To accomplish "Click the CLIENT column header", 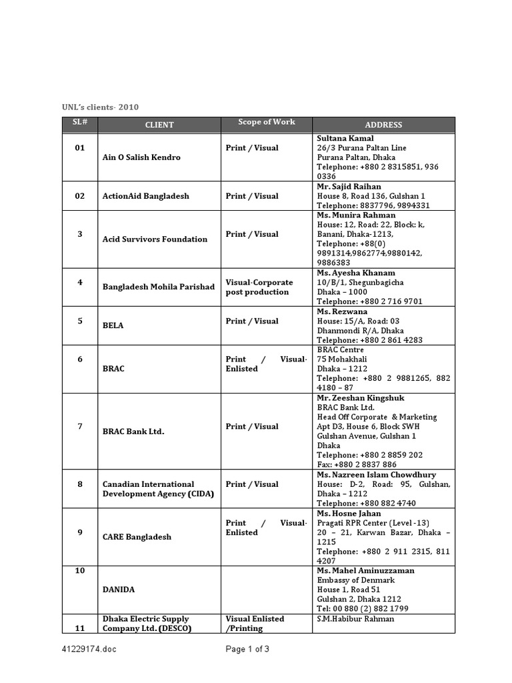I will pos(159,125).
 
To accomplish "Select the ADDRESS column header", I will pos(383,125).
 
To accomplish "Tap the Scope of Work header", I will pos(267,122).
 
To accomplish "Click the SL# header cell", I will pos(80,122).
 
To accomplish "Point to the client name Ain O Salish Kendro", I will pos(141,157).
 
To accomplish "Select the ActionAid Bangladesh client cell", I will pos(145,196).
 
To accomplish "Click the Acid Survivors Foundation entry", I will pos(155,239).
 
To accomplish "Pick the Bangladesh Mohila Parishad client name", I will pos(159,287).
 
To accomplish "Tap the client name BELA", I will pos(113,325).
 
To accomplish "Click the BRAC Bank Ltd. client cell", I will pos(133,432).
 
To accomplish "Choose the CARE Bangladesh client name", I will pos(137,537).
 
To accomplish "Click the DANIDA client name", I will pos(119,590).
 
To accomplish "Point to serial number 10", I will pos(80,571).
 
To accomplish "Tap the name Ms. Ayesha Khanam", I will pos(356,273).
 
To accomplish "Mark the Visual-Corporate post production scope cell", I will pos(259,287).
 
